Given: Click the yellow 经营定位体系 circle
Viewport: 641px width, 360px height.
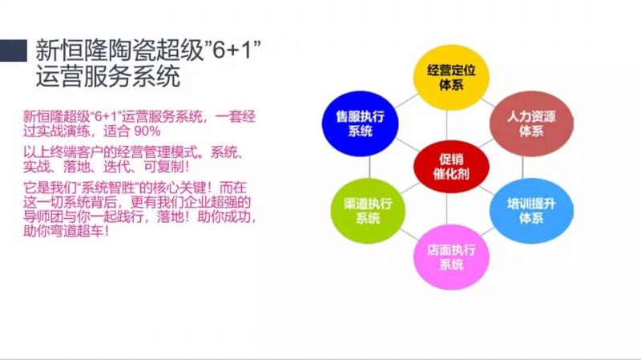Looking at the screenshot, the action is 451,77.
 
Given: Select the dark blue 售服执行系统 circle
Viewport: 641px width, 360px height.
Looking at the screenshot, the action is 360,123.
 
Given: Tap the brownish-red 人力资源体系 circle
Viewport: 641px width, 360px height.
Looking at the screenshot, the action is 531,123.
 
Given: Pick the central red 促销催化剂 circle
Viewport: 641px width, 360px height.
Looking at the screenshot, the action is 451,167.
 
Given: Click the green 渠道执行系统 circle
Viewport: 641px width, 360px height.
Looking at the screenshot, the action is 368,210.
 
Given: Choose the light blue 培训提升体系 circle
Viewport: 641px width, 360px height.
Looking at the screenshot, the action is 531,210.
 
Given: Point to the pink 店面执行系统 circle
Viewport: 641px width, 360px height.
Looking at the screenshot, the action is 451,257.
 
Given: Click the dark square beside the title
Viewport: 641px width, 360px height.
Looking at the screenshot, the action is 14,51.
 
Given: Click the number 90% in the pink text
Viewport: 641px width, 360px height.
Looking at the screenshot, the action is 147,131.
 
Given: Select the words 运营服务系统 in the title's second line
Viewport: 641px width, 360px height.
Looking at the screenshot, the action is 108,76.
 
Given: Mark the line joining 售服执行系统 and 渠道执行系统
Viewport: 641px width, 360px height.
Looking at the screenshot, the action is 369,167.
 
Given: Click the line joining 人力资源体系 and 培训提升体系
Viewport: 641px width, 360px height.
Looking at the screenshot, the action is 522,168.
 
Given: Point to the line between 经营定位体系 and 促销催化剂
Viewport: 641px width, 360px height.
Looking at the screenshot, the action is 446,125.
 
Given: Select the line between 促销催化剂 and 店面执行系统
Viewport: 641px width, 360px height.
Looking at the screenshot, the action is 446,209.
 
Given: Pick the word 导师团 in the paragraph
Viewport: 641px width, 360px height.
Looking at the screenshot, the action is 43,216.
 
